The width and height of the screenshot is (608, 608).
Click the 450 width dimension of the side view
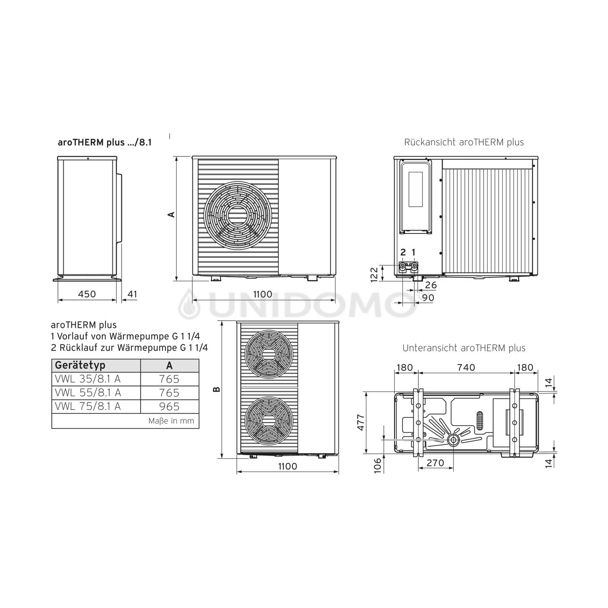click(87, 294)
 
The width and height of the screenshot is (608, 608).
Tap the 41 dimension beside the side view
click(132, 294)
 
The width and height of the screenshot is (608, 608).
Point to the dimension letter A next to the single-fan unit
click(172, 214)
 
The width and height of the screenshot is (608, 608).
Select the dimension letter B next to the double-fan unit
click(217, 390)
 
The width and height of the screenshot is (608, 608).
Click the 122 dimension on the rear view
click(374, 274)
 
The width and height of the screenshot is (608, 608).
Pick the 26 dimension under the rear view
click(431, 285)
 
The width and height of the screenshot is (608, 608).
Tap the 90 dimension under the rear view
click(428, 298)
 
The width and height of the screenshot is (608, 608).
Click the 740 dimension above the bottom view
click(466, 367)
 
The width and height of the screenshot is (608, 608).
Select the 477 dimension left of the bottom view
click(361, 422)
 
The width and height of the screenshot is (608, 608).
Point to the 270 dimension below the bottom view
click(436, 462)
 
